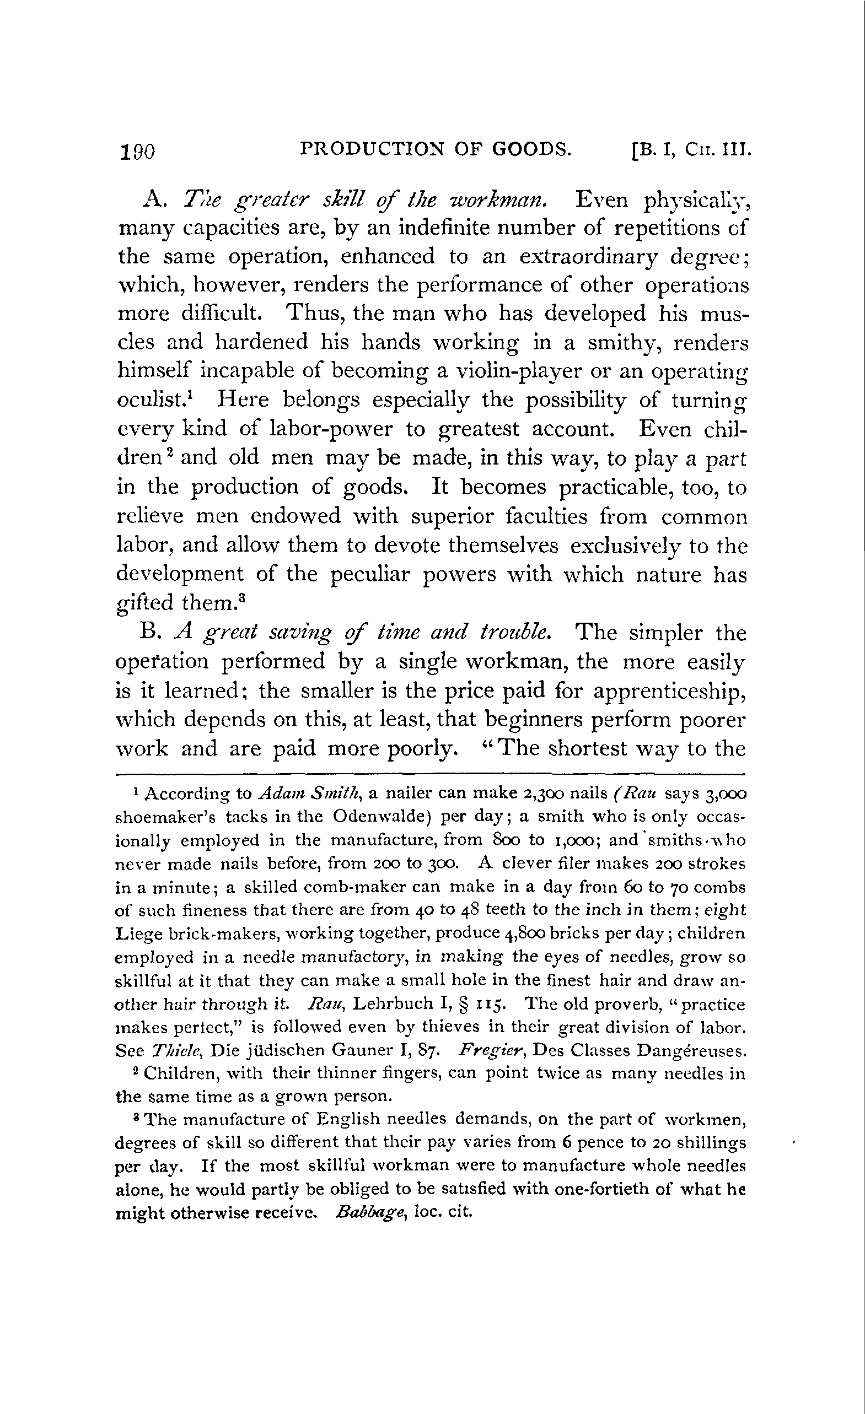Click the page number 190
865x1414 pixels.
tap(137, 152)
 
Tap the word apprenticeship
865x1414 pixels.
tap(669, 692)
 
